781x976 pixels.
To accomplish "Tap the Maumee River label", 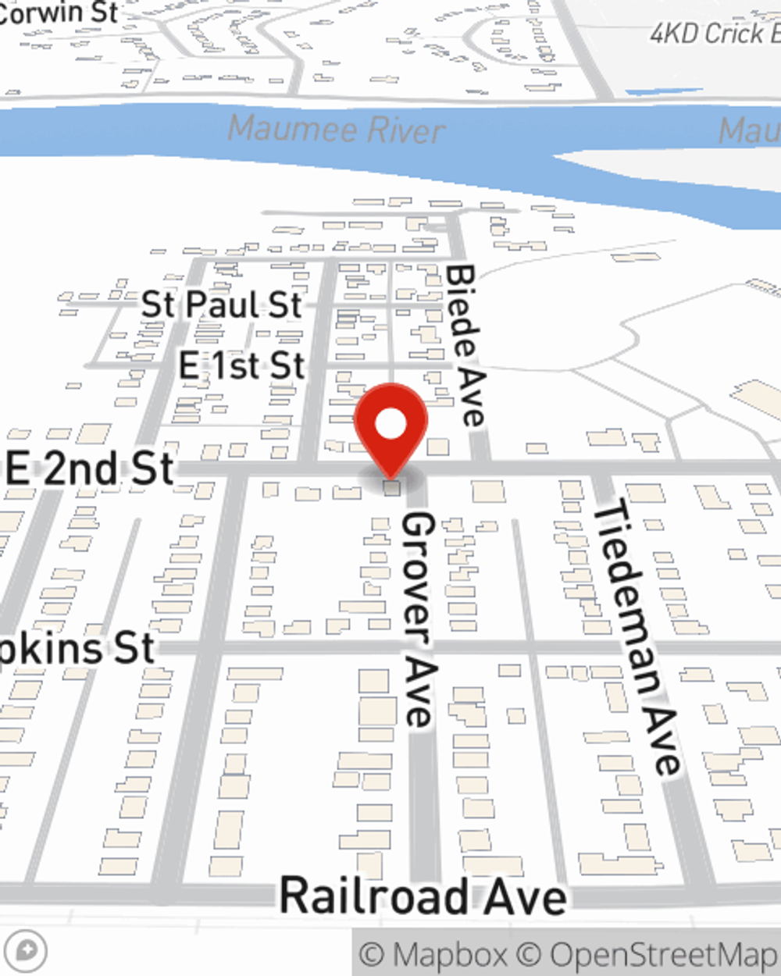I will coord(337,129).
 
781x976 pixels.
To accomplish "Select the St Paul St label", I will coord(221,305).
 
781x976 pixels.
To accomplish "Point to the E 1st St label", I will coord(241,365).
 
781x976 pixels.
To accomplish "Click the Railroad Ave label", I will coord(423,896).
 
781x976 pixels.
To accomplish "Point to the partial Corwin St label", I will coord(59,11).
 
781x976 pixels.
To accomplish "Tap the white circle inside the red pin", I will coord(390,425).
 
